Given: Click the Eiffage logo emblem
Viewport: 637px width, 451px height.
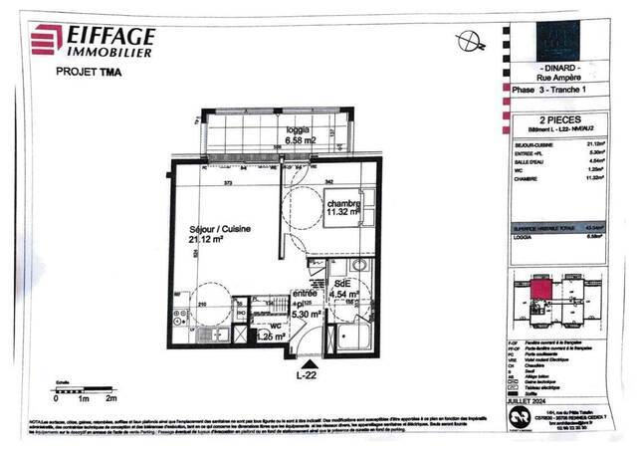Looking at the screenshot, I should coord(47,38).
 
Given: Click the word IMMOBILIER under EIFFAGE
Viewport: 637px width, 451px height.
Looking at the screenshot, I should coord(109,52).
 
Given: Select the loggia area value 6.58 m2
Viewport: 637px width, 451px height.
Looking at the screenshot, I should coord(303,140).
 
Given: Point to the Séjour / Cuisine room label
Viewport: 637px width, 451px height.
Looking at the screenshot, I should coord(220,228).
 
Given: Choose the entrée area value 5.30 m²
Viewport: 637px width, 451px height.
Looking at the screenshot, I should coord(306,313).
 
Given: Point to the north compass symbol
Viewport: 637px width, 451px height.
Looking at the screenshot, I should coord(472,41).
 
